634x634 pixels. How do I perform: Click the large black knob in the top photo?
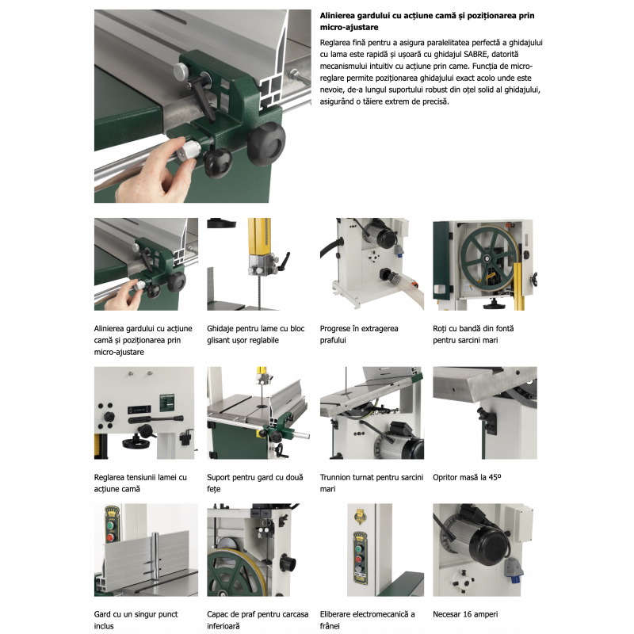266,144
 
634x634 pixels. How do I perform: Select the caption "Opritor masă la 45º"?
467,478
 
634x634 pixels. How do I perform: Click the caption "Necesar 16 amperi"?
465,614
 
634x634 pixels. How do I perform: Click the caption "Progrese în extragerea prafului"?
359,334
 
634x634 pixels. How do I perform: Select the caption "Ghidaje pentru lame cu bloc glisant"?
255,334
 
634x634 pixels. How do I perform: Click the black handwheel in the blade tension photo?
136,443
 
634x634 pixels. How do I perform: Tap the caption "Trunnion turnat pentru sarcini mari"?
371,483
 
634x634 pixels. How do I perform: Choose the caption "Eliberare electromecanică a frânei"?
367,620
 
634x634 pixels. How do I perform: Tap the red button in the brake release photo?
359,560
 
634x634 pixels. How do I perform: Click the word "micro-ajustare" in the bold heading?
349,28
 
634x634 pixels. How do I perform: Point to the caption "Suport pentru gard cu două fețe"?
254,483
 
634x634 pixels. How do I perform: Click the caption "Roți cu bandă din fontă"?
473,329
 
